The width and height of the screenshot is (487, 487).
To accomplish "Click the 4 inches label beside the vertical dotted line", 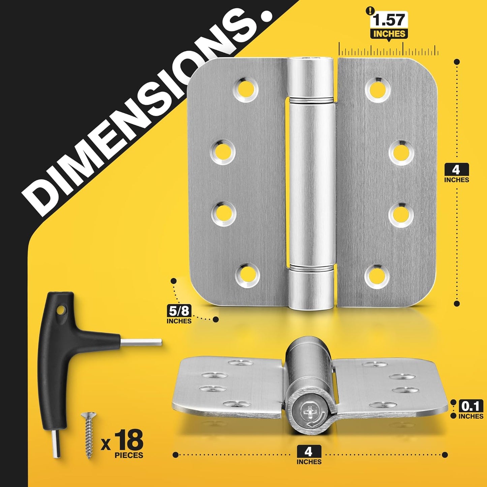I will [x=456, y=173].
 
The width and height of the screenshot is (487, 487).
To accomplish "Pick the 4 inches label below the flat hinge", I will [x=309, y=455].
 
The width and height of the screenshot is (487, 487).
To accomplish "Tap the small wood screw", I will [x=89, y=435].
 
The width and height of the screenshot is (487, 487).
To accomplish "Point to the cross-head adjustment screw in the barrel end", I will [x=308, y=412].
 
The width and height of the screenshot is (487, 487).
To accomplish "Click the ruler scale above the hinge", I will [x=388, y=51].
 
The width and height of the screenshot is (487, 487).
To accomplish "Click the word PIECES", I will [x=129, y=455].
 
